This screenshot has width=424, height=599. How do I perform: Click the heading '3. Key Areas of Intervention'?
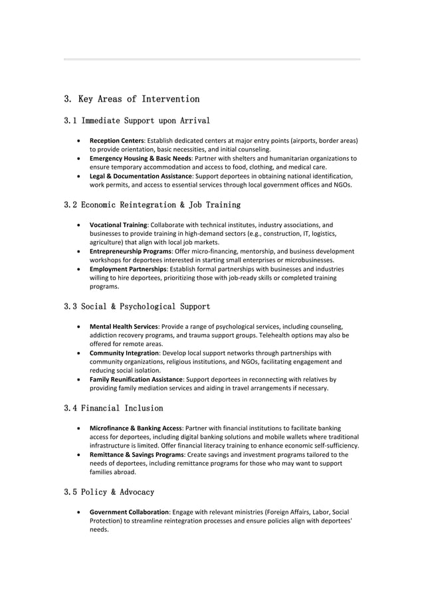tap(131, 99)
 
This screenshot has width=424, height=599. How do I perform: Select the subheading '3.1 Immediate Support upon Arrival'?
tap(136, 121)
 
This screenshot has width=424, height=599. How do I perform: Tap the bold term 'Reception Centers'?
tap(116, 141)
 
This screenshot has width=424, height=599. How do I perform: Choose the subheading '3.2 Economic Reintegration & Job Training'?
tap(152, 205)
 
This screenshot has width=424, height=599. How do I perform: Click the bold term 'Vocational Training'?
tap(118, 224)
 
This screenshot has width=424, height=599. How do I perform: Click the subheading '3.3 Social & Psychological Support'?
tap(136, 307)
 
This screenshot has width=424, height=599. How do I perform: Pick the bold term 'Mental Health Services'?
tap(124, 327)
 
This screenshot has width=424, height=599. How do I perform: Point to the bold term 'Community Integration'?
tap(124, 353)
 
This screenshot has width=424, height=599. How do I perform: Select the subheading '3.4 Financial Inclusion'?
tap(113, 408)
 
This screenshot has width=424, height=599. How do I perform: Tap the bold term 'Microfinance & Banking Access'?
tap(136, 428)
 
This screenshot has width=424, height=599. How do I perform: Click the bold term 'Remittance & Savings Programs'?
tap(136, 455)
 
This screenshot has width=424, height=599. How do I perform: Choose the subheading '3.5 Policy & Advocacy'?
tap(108, 492)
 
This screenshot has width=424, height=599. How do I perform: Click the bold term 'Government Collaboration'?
tap(129, 513)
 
